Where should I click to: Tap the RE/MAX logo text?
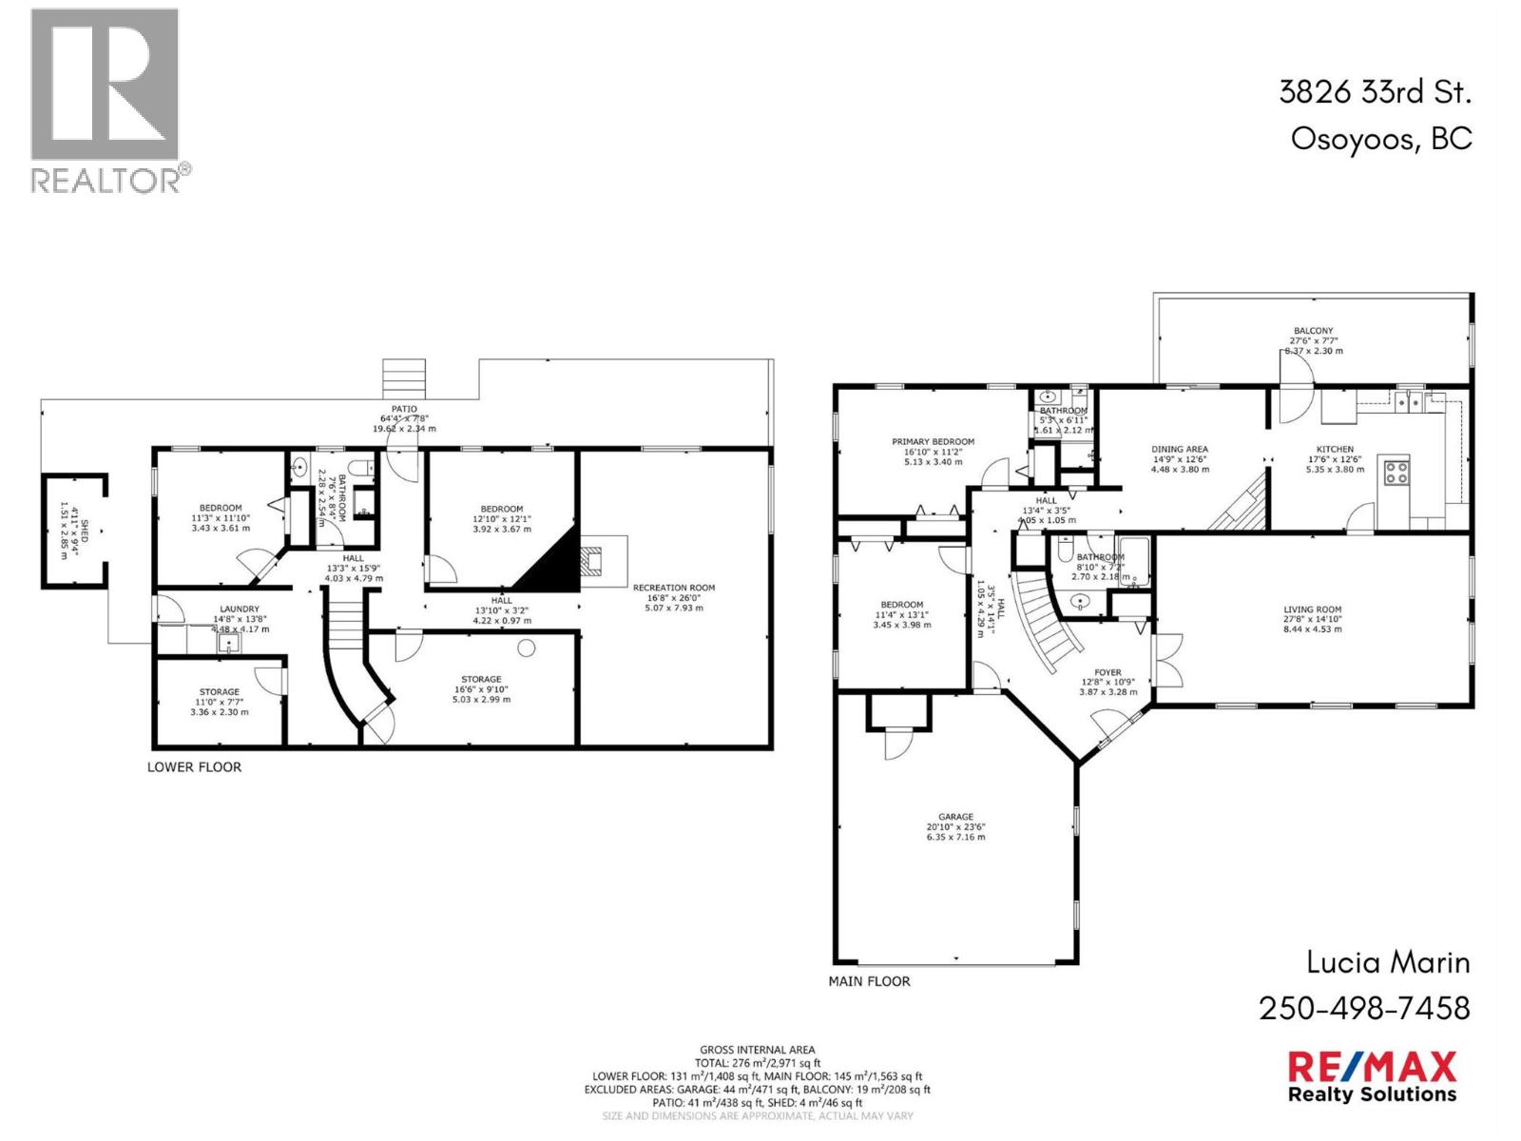[x=1371, y=1066]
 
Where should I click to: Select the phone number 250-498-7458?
[x=1364, y=1008]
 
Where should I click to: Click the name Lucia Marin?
[x=1388, y=962]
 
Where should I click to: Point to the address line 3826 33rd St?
[x=1375, y=92]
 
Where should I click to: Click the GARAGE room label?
[x=955, y=817]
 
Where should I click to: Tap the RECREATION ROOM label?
[x=674, y=588]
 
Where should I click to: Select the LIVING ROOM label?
[x=1312, y=609]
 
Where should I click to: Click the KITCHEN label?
[x=1334, y=449]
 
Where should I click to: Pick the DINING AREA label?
[x=1180, y=449]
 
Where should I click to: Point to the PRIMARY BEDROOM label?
[x=933, y=441]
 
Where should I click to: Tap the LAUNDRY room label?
[x=240, y=609]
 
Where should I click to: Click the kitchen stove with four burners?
[x=1396, y=473]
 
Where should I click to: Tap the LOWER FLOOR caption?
[x=194, y=766]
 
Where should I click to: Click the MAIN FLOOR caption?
[x=869, y=980]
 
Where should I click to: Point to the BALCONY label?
[x=1314, y=331]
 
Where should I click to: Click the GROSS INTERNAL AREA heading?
[x=757, y=1050]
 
